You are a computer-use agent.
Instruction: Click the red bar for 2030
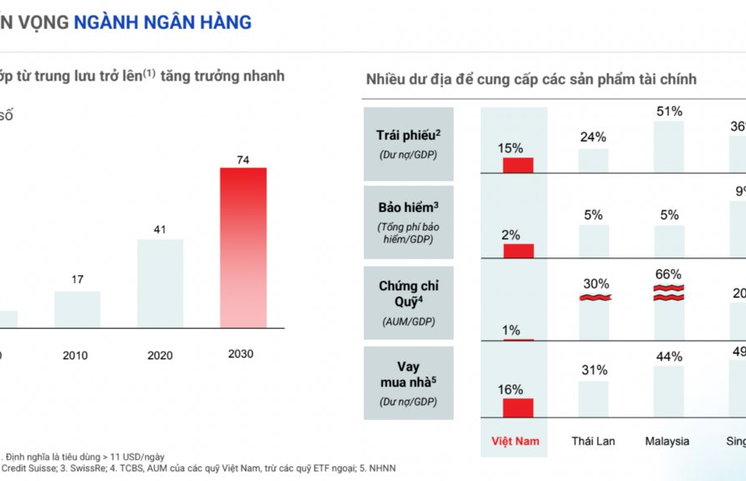point(243,247)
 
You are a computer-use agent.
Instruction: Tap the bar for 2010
point(77,309)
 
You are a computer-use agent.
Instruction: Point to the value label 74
point(243,160)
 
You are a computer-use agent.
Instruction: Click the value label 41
point(160,229)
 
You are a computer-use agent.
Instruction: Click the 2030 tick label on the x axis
point(240,354)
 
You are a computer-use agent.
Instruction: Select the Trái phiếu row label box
point(408,143)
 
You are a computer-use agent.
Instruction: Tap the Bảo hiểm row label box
point(408,222)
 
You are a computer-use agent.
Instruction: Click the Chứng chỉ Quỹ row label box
point(408,301)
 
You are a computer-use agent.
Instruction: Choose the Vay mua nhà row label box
point(408,382)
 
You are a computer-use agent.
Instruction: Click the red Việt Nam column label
point(516,441)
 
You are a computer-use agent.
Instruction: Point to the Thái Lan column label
point(593,441)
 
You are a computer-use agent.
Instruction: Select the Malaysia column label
point(668,441)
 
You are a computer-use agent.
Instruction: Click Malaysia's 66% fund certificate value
point(668,274)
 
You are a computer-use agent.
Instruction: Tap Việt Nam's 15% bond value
point(511,148)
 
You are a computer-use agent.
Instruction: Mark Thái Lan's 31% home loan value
point(593,370)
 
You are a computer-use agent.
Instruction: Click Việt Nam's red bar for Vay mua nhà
point(518,406)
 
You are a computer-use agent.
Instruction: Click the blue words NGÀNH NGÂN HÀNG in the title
point(162,22)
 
